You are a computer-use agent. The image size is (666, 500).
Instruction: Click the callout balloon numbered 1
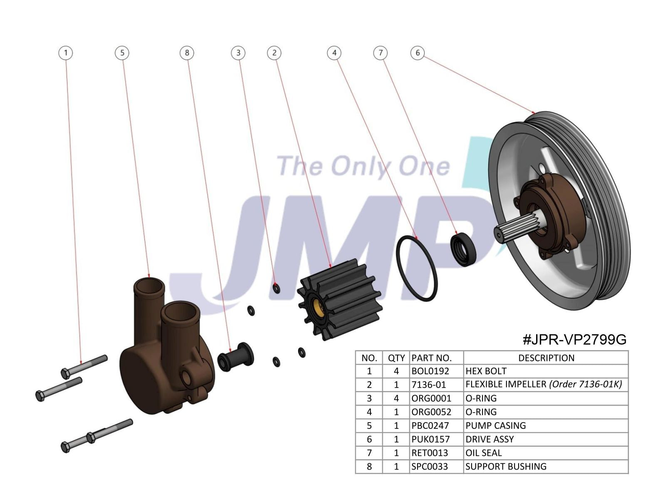click(66, 53)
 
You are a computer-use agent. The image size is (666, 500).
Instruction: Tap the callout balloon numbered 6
click(417, 53)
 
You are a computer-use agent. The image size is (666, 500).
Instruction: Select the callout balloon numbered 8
click(187, 53)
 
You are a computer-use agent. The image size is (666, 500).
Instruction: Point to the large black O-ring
click(417, 269)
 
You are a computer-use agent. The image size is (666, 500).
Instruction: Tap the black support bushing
click(236, 357)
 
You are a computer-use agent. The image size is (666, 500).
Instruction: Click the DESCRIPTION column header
click(546, 358)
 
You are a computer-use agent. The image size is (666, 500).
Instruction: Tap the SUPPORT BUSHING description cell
click(506, 467)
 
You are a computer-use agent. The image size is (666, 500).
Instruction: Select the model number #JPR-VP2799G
click(574, 340)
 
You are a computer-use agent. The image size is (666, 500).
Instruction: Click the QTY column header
click(396, 358)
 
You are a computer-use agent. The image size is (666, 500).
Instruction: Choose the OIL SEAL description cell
click(483, 453)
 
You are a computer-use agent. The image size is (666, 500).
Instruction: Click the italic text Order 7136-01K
click(586, 384)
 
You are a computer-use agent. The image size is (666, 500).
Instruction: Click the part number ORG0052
click(431, 412)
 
